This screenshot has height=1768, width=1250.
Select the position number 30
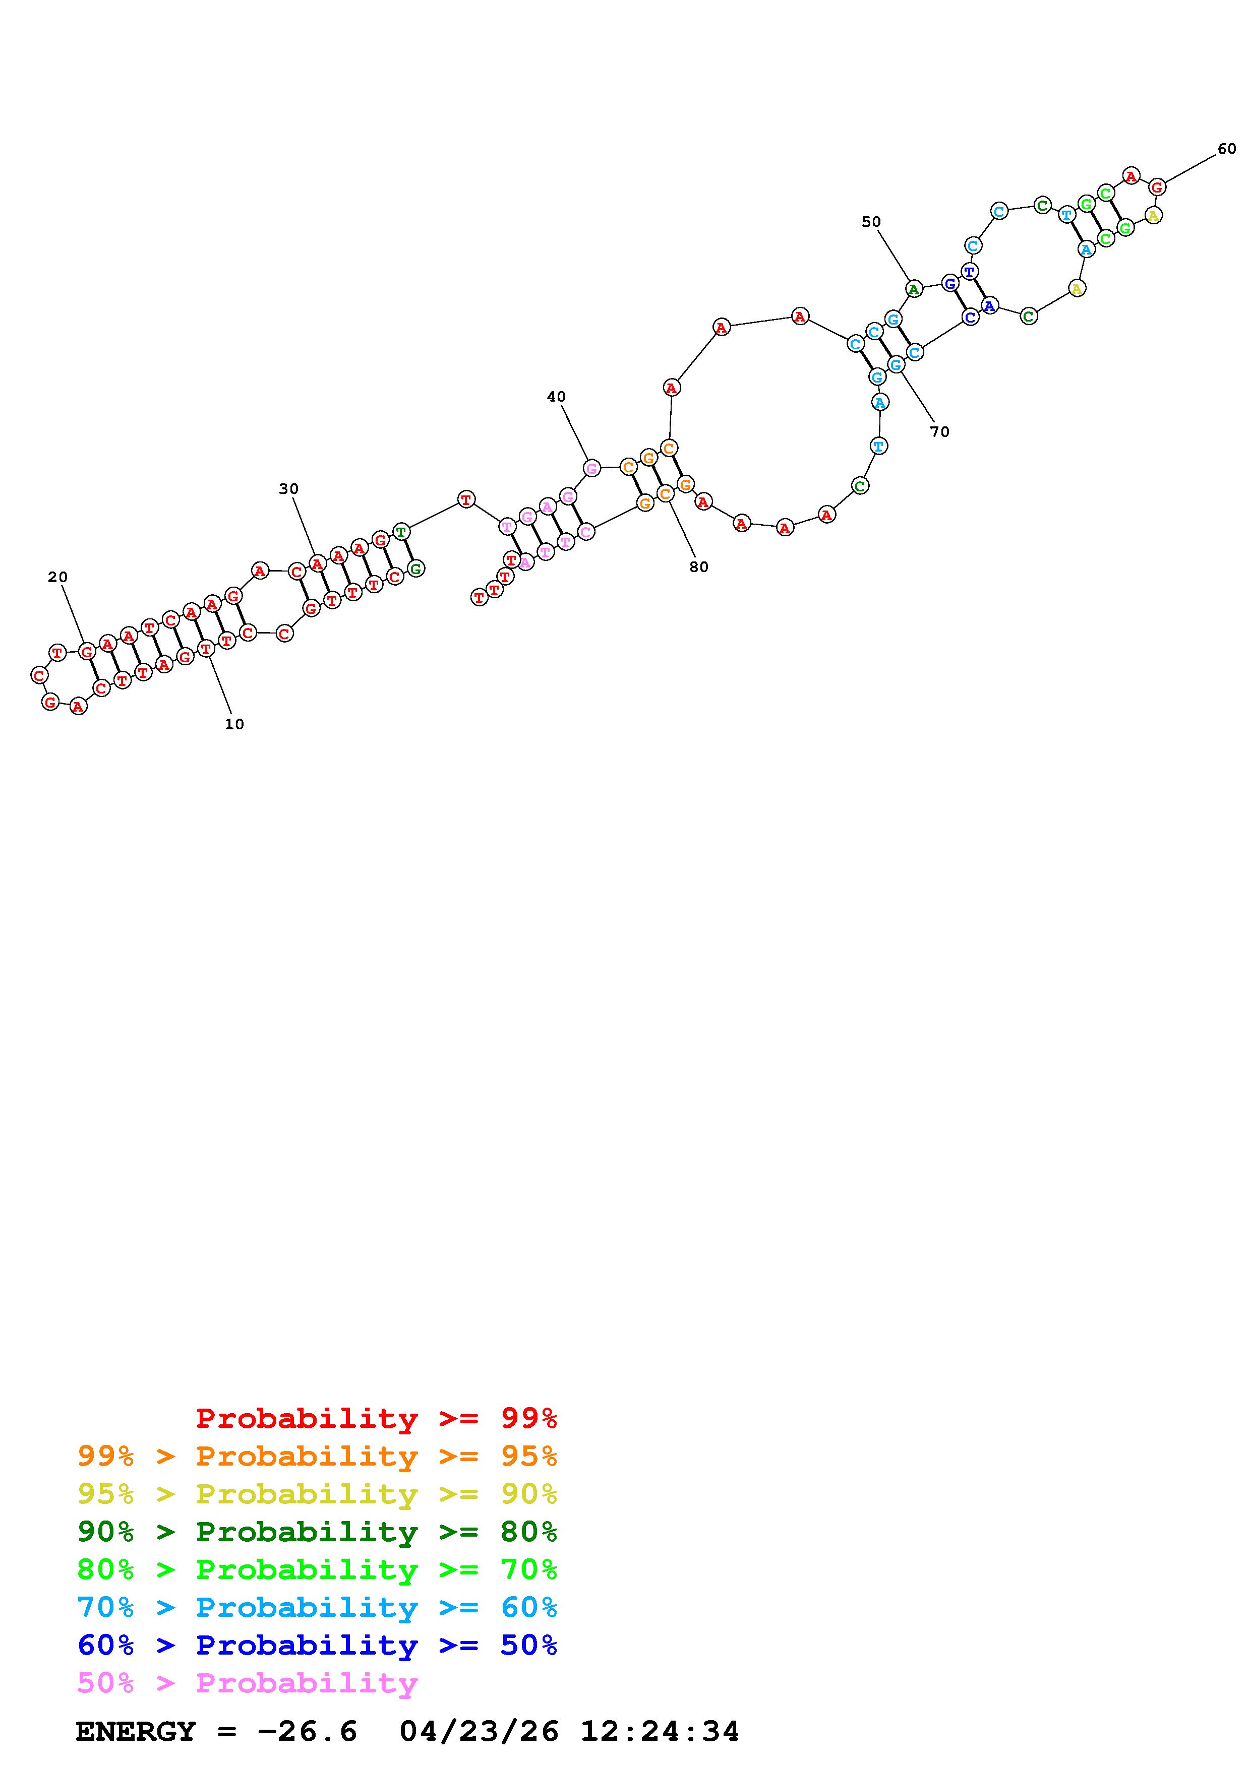click(289, 489)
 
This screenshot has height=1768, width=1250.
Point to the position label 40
click(556, 397)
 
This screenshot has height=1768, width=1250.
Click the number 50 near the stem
click(871, 222)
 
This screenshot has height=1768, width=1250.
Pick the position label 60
click(1227, 149)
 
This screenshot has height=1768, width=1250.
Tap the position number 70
click(939, 432)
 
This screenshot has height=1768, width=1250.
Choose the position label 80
click(698, 567)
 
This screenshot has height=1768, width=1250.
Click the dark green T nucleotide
click(400, 531)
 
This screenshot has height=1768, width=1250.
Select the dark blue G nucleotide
click(950, 283)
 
